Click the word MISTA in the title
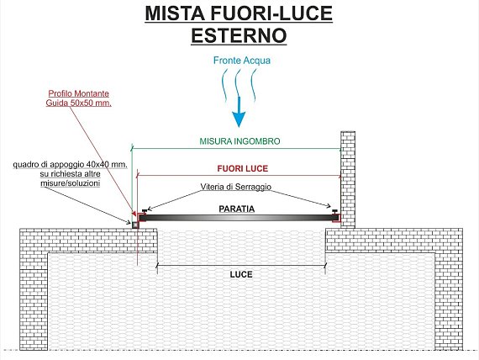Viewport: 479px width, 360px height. click(x=175, y=13)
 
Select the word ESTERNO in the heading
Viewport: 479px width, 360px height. click(x=239, y=35)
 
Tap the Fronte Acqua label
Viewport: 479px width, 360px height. click(x=242, y=61)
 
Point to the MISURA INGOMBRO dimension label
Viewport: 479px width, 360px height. click(x=239, y=141)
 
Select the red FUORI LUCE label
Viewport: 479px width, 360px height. click(x=243, y=168)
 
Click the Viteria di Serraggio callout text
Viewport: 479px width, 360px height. click(x=236, y=187)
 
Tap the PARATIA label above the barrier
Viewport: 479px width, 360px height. click(x=237, y=209)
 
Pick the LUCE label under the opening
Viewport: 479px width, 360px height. click(x=241, y=274)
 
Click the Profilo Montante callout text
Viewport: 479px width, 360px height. click(x=79, y=93)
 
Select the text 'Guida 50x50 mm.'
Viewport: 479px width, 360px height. click(x=78, y=103)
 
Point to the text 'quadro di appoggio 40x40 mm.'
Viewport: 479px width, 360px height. click(x=71, y=165)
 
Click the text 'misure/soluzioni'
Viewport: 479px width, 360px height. click(x=71, y=183)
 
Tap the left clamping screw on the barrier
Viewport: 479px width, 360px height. click(x=145, y=210)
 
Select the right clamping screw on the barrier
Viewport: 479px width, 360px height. click(x=334, y=211)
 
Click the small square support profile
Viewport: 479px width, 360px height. click(x=135, y=225)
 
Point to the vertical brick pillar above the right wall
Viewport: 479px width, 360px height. click(x=348, y=179)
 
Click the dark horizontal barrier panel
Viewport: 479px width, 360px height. click(x=239, y=218)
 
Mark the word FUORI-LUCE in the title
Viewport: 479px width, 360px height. click(x=271, y=13)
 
